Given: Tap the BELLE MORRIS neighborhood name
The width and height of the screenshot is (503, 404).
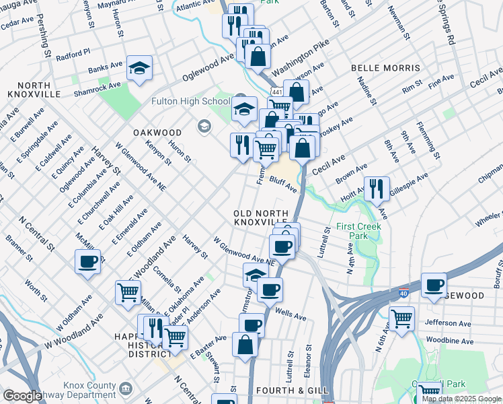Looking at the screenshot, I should (x=385, y=68).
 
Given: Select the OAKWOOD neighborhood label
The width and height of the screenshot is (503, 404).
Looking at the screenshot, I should (x=157, y=133).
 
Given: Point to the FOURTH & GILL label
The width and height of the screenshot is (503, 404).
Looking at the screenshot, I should (x=291, y=391).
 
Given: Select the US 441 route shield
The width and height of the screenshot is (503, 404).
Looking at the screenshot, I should (x=276, y=90).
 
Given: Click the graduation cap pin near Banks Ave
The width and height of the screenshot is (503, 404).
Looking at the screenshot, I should (x=139, y=68).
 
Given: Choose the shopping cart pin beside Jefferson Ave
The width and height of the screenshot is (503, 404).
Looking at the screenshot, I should (x=402, y=317).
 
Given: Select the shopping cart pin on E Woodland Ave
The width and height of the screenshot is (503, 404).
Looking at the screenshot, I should (x=128, y=292).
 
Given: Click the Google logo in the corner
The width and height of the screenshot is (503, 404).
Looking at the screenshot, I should (x=22, y=396).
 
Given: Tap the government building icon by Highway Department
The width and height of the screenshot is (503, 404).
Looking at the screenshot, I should (x=126, y=390).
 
